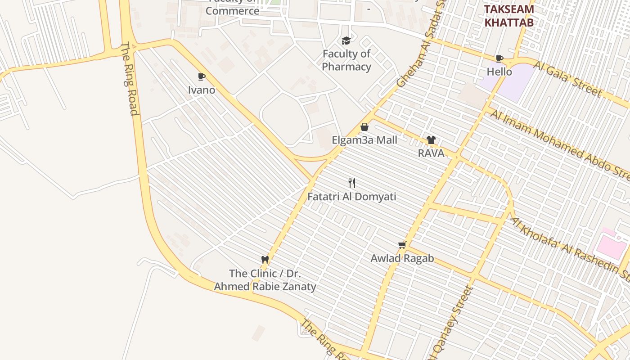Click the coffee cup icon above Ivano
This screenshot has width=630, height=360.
tap(201, 77)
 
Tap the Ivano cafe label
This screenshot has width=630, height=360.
tap(202, 90)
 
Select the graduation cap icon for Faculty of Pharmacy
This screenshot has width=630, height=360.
tap(346, 41)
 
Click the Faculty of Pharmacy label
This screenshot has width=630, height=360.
tap(346, 60)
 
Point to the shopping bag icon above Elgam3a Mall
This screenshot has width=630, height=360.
tap(364, 127)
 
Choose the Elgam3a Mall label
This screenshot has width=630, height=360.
tap(364, 140)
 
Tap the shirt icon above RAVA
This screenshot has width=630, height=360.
tap(431, 140)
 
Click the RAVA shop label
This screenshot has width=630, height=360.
tap(431, 153)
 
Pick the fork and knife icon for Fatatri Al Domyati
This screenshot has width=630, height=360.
tap(352, 183)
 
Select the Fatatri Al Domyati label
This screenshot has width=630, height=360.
tap(352, 197)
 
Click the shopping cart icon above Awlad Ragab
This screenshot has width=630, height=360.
tap(402, 245)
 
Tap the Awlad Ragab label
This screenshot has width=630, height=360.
tap(402, 258)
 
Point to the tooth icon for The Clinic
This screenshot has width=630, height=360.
tap(265, 260)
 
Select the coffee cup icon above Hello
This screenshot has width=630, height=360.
tap(499, 58)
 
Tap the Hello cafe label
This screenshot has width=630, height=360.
tap(499, 72)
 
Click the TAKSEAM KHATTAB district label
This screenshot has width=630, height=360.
tap(509, 16)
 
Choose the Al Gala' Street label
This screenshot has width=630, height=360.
tap(568, 79)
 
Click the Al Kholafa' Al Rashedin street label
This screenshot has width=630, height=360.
tap(569, 247)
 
